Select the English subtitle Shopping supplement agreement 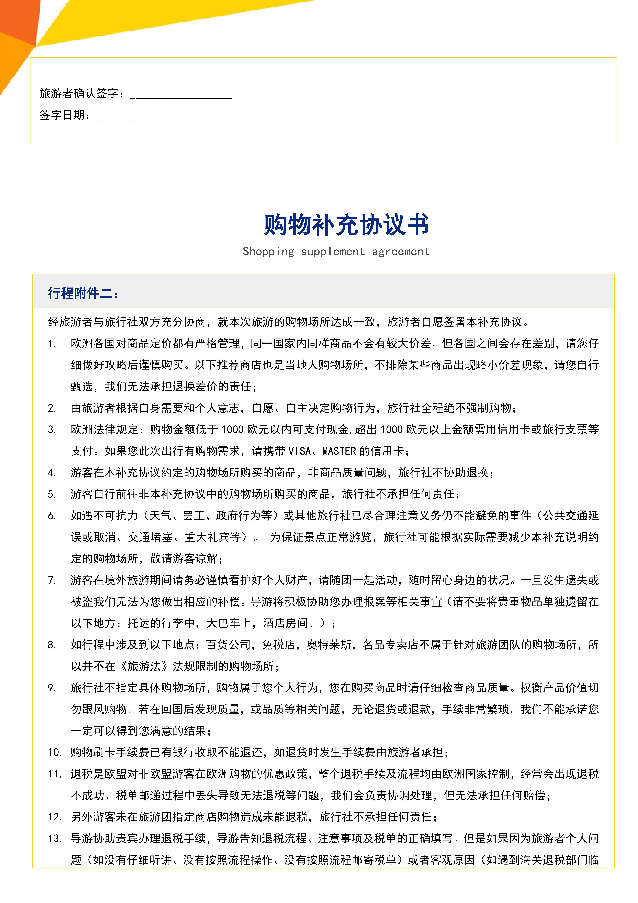(336, 251)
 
